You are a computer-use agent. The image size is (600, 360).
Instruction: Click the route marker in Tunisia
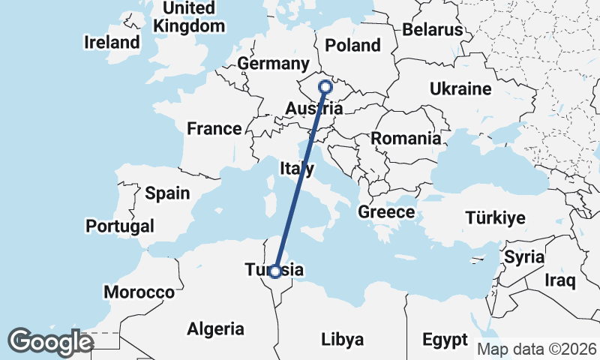click(x=276, y=271)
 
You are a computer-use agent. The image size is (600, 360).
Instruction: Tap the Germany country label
click(x=273, y=64)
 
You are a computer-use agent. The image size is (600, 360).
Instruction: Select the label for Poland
click(x=353, y=45)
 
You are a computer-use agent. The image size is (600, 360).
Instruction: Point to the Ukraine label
click(x=460, y=89)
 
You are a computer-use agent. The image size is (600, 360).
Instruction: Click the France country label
click(x=214, y=128)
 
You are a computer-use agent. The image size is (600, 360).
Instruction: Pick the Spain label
click(x=167, y=193)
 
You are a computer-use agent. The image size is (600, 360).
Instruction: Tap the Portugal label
click(x=120, y=226)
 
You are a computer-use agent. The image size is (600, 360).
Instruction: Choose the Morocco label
click(x=139, y=292)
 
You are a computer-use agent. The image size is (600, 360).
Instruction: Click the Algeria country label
click(x=215, y=328)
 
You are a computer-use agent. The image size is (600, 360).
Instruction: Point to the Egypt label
click(x=445, y=339)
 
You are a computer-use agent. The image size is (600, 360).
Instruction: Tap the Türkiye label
click(x=495, y=218)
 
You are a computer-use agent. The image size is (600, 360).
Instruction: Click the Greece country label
click(x=386, y=212)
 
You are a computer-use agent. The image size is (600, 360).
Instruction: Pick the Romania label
click(x=406, y=138)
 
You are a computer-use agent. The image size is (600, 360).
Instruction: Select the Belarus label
click(x=433, y=30)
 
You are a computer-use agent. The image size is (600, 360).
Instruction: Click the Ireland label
click(x=112, y=42)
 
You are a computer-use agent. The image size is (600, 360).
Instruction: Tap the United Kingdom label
click(x=189, y=16)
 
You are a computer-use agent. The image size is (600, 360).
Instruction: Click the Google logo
click(x=49, y=342)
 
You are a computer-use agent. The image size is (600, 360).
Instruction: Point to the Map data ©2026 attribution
click(x=537, y=349)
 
